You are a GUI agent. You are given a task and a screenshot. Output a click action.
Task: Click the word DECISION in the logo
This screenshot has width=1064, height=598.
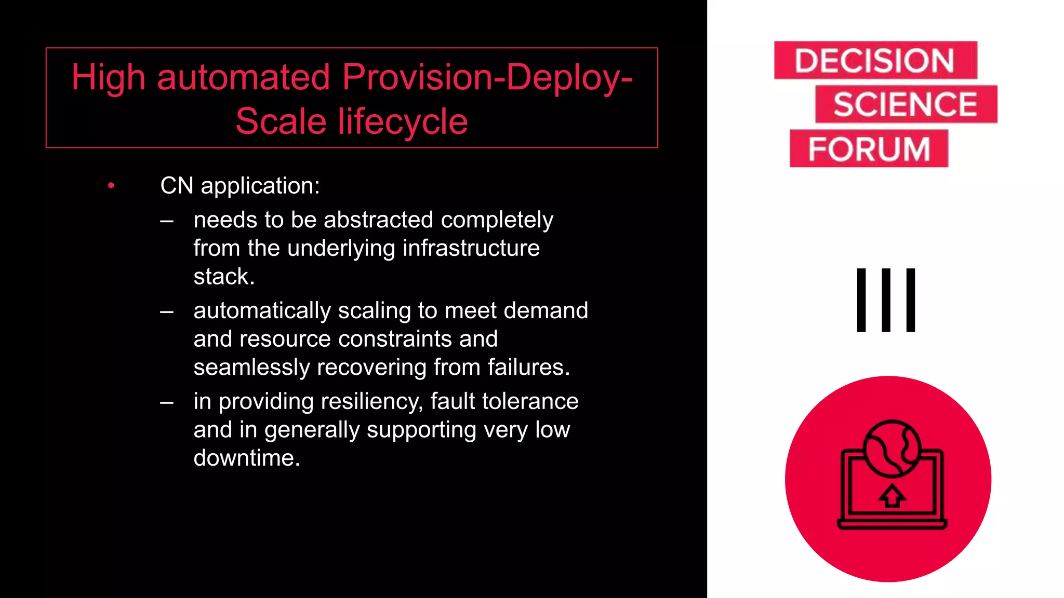pyautogui.click(x=875, y=61)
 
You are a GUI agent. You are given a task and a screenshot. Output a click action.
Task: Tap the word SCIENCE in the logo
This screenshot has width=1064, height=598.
pyautogui.click(x=906, y=104)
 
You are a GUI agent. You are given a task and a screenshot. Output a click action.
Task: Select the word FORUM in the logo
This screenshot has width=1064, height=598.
pyautogui.click(x=869, y=149)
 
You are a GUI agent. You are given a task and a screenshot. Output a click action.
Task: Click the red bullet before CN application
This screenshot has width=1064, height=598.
pyautogui.click(x=111, y=185)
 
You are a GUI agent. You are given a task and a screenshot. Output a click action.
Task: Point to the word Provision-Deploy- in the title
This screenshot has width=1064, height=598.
pyautogui.click(x=487, y=77)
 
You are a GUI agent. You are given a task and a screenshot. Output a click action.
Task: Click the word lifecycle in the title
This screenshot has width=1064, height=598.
pyautogui.click(x=403, y=121)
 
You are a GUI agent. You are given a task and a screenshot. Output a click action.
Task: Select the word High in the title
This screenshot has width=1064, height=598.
pyautogui.click(x=108, y=77)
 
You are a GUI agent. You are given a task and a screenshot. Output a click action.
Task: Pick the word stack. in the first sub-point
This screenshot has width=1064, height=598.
pyautogui.click(x=224, y=277)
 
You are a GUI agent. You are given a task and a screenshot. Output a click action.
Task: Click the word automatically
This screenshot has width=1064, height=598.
pyautogui.click(x=262, y=311)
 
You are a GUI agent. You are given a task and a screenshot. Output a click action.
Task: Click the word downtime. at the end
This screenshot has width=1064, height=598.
pyautogui.click(x=247, y=458)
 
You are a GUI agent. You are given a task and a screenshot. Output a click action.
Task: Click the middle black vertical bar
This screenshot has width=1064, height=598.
pyautogui.click(x=886, y=300)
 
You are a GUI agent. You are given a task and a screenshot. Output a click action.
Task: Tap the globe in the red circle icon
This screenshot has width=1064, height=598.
pyautogui.click(x=892, y=448)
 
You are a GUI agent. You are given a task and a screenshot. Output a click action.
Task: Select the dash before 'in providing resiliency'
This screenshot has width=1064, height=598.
pyautogui.click(x=167, y=402)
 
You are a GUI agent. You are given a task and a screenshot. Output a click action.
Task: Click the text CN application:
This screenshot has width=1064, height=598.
pyautogui.click(x=240, y=186)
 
